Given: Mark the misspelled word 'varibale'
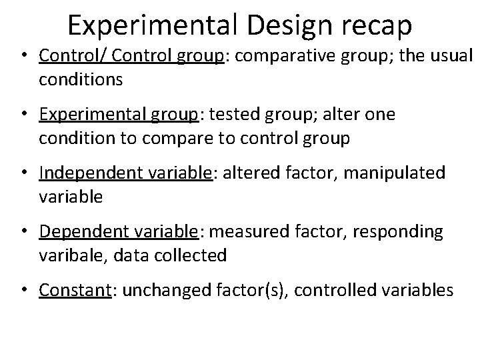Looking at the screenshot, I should click(69, 255).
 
